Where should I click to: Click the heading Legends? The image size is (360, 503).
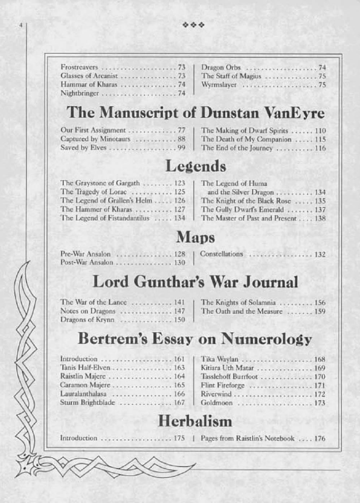pos(195,166)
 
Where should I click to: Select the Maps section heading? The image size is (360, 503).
pos(195,237)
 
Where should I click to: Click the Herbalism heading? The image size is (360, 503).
pos(195,421)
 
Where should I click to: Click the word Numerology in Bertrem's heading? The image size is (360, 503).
pos(266,339)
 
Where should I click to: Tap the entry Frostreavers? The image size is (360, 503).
pos(79,67)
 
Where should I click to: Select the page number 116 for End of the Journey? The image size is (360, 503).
pos(320,148)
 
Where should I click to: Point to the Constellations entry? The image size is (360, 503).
pos(221,254)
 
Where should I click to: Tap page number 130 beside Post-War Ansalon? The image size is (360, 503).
pos(180,263)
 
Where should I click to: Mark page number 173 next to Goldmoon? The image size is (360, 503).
pos(320,403)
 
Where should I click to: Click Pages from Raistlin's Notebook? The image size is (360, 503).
pos(248,438)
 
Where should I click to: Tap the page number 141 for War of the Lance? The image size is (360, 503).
pos(180,302)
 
